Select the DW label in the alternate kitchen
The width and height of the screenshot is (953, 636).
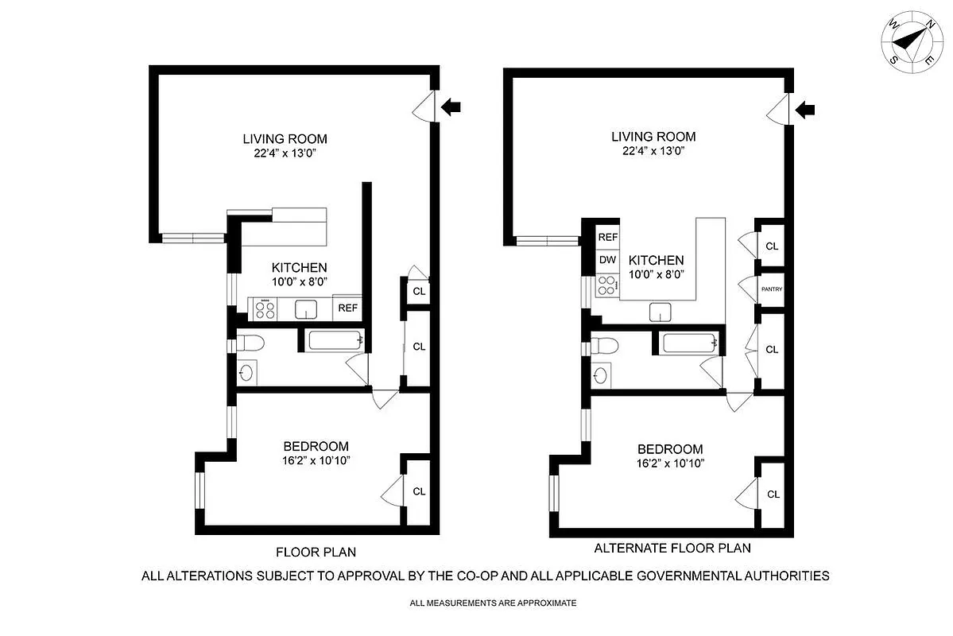pyautogui.click(x=607, y=260)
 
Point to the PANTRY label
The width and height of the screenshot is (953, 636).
pyautogui.click(x=772, y=289)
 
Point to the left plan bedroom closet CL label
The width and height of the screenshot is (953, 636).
pyautogui.click(x=418, y=491)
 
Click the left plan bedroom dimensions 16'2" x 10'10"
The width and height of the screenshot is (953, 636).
pyautogui.click(x=316, y=460)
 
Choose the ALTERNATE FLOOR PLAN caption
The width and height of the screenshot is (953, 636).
pyautogui.click(x=672, y=548)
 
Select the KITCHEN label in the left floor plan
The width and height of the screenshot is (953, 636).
pyautogui.click(x=299, y=268)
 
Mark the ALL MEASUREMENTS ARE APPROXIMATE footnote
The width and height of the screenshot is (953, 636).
pyautogui.click(x=493, y=603)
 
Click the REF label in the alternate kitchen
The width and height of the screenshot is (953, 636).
pyautogui.click(x=607, y=237)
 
